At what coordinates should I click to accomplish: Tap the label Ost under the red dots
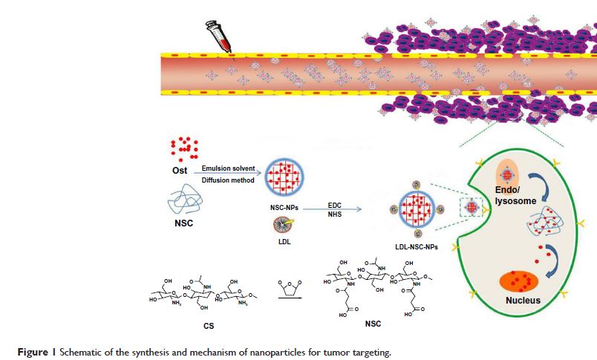pyautogui.click(x=179, y=172)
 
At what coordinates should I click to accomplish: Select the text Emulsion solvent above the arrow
pyautogui.click(x=227, y=168)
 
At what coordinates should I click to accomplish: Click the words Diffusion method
pyautogui.click(x=227, y=180)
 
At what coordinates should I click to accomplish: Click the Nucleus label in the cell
pyautogui.click(x=523, y=301)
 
